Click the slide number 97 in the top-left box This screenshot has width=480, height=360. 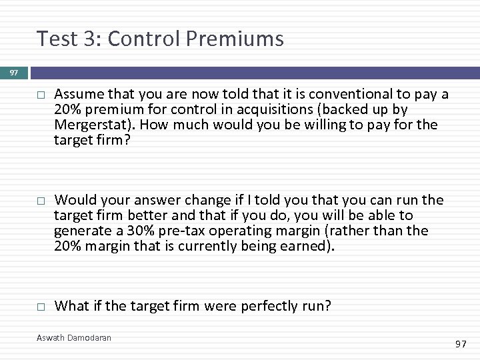coord(14,73)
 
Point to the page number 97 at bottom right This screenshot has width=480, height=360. coord(461,344)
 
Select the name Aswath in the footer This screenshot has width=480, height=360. coord(51,338)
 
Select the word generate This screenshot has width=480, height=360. coord(83,231)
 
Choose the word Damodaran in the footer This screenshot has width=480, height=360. coord(89,338)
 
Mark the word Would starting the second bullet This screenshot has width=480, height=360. coord(73,200)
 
